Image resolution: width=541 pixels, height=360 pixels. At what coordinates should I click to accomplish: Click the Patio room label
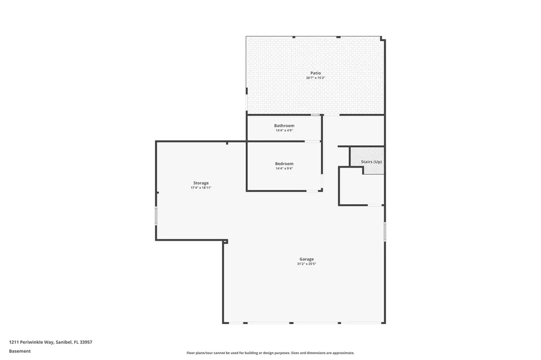[x=315, y=73]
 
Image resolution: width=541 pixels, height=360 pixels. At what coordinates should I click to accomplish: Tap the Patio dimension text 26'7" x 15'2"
[x=315, y=78]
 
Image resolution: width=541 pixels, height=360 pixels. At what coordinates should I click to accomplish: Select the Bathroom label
[x=284, y=126]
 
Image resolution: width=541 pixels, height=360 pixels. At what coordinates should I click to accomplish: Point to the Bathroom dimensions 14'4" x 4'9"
[x=284, y=130]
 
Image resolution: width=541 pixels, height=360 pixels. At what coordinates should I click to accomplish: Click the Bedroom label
[x=284, y=164]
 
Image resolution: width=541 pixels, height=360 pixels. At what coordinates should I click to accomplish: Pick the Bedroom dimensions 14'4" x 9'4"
[x=284, y=168]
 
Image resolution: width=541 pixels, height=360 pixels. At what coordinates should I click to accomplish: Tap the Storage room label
[x=201, y=183]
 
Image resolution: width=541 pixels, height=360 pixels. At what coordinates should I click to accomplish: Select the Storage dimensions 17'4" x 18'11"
[x=201, y=187]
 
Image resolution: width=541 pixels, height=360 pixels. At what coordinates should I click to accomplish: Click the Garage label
[x=306, y=259]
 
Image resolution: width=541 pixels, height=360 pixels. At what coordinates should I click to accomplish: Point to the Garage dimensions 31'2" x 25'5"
[x=306, y=263]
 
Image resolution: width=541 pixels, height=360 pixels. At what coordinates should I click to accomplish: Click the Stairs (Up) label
[x=371, y=162]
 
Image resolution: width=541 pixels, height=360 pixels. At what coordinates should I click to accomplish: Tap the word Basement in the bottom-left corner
[x=20, y=351]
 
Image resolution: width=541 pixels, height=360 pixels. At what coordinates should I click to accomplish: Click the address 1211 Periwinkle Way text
[x=31, y=342]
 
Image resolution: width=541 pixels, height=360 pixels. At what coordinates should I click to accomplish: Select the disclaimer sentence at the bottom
[x=270, y=353]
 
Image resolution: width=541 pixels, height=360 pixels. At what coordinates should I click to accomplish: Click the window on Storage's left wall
[x=156, y=216]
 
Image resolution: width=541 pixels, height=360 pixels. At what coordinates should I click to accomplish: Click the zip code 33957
[x=86, y=342]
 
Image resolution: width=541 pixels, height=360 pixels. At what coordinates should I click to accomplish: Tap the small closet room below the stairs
[x=361, y=189]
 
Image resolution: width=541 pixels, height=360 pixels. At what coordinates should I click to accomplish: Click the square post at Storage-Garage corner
[x=225, y=241]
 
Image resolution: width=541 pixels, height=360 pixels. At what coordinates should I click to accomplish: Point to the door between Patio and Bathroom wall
[x=315, y=115]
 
